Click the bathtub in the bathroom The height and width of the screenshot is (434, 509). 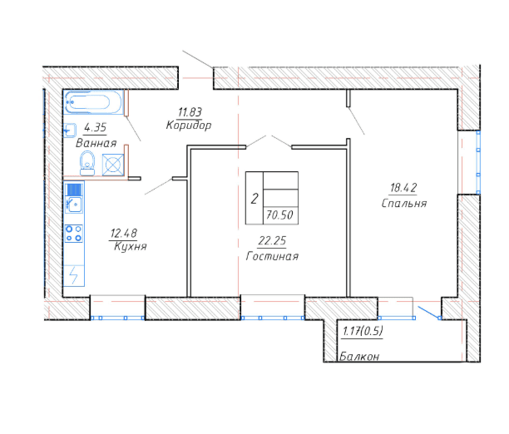[94, 102]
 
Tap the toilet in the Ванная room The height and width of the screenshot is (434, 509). [87, 163]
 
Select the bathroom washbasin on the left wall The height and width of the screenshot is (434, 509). [70, 131]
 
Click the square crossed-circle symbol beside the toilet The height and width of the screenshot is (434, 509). [113, 165]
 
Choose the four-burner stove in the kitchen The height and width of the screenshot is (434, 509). [74, 234]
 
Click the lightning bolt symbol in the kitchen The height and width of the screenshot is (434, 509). [74, 275]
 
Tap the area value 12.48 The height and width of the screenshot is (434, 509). [124, 233]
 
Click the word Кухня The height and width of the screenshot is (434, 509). [131, 246]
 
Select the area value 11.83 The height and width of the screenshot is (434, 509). [190, 112]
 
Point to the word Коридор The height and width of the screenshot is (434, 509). [189, 125]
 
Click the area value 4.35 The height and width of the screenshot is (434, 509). [95, 127]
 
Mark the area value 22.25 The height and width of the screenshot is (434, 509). [272, 240]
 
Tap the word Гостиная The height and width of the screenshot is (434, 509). [272, 256]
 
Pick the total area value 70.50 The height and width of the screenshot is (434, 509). [279, 215]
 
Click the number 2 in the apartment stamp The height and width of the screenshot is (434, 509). [254, 199]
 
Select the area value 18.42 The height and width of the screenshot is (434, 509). [403, 188]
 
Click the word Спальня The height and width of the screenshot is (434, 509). [404, 203]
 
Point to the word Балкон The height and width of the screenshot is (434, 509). [359, 357]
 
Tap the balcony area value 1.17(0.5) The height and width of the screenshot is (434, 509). [363, 331]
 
